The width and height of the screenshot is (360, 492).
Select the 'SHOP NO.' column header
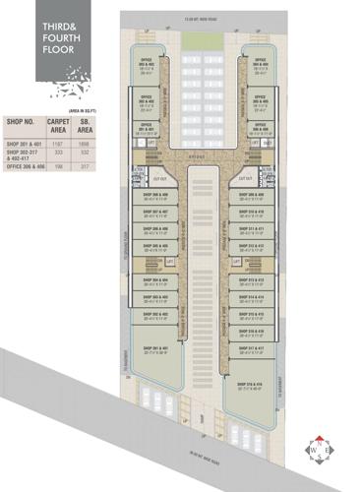pyautogui.click(x=21, y=125)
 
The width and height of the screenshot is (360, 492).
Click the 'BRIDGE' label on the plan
pyautogui.click(x=198, y=155)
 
